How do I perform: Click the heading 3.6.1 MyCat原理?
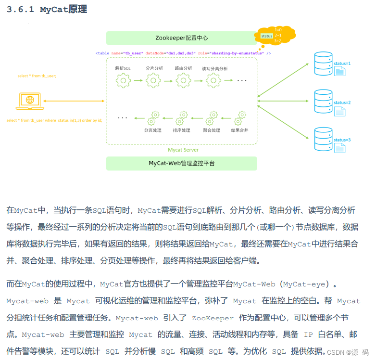click(47, 10)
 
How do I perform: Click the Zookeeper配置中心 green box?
click(181, 38)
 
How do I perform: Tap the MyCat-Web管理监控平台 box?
click(181, 164)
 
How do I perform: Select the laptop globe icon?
click(30, 100)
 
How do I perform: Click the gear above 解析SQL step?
click(123, 80)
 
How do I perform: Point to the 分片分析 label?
click(154, 68)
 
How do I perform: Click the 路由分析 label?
click(184, 68)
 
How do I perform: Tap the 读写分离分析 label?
click(214, 68)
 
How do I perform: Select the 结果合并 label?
click(239, 130)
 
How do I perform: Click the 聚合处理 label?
click(211, 130)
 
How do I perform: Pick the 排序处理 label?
click(182, 130)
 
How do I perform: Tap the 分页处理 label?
click(153, 130)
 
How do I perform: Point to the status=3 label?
click(342, 140)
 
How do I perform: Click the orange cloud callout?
click(276, 37)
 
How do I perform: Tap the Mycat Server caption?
click(183, 150)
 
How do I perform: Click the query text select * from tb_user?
click(37, 76)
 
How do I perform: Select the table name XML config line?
click(183, 53)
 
